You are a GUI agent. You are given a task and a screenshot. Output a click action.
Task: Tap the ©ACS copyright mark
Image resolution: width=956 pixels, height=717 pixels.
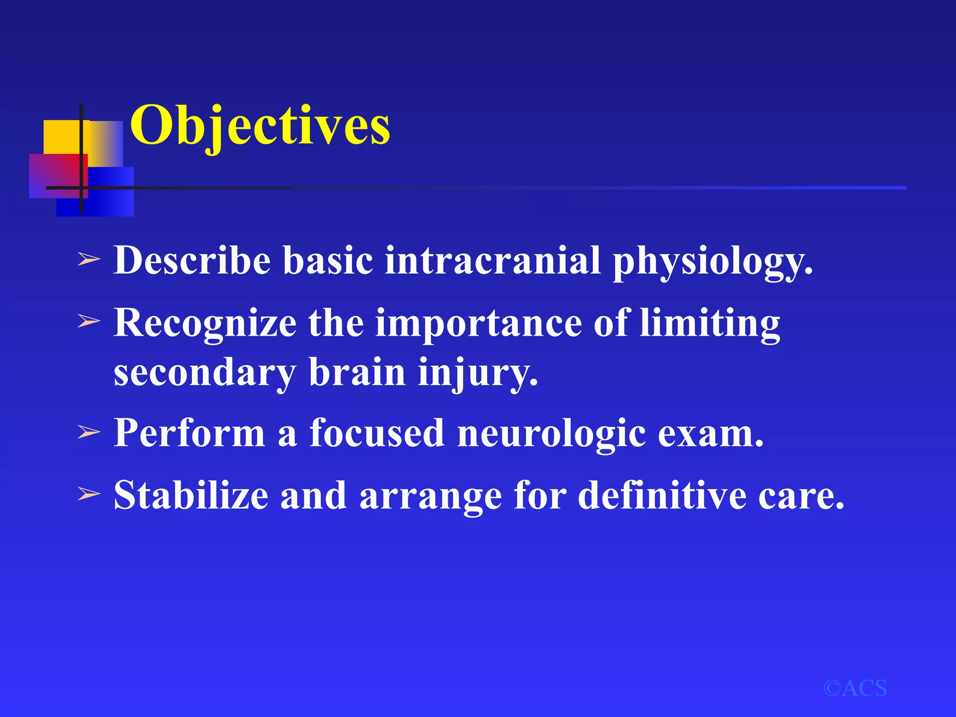(855, 689)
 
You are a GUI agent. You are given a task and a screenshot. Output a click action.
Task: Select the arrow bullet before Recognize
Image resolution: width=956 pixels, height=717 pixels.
(89, 321)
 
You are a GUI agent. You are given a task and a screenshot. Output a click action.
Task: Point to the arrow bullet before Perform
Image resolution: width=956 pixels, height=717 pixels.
(89, 432)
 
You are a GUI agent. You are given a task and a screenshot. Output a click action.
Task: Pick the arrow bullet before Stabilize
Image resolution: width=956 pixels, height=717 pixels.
(89, 494)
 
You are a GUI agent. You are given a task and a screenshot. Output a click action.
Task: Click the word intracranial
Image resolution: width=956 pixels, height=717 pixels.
(492, 260)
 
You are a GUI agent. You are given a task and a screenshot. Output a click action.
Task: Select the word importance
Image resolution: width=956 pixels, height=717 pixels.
(478, 323)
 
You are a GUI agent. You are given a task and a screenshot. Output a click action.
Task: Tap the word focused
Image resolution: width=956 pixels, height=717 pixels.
(377, 433)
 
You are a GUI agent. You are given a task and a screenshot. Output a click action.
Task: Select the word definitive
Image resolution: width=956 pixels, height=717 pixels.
(662, 496)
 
